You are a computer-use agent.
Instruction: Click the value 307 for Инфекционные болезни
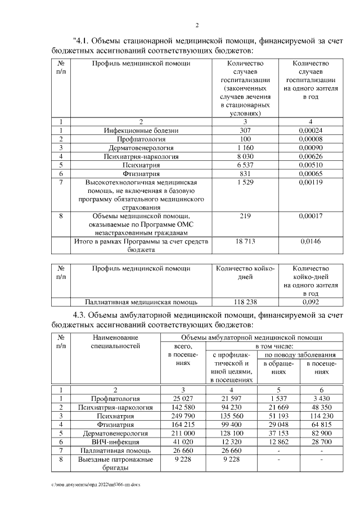coord(244,130)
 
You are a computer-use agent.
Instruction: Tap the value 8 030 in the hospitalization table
coord(244,156)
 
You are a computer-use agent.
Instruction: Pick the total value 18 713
coord(244,241)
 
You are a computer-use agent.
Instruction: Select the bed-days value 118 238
coord(244,301)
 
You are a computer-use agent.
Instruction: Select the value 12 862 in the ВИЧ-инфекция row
coord(278,442)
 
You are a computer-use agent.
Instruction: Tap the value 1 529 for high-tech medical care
coord(244,183)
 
